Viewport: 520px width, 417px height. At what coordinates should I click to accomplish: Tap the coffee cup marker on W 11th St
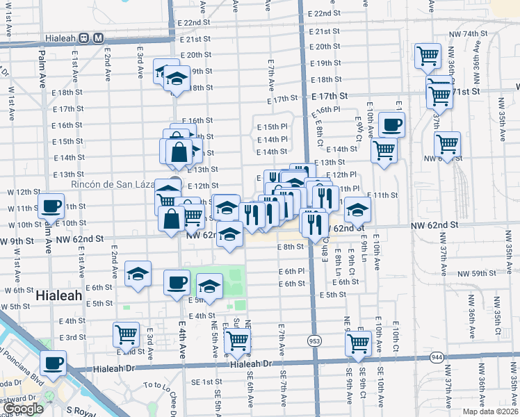52,206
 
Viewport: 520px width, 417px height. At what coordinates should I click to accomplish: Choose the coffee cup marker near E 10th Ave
392,124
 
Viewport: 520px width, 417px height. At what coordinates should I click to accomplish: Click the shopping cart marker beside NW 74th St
428,55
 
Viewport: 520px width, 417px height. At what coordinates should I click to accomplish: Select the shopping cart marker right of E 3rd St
127,334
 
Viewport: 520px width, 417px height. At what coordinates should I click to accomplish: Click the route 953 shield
315,341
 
